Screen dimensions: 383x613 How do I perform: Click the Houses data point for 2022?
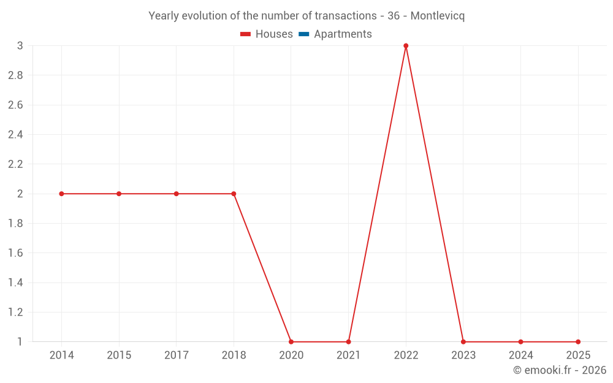coord(406,46)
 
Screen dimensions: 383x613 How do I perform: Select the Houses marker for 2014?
coord(61,194)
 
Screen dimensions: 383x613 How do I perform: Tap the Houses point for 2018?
coord(234,194)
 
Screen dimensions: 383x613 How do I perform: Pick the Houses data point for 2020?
coord(291,342)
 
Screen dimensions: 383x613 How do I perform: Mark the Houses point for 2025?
coord(578,342)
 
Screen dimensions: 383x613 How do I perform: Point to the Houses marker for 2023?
coord(463,342)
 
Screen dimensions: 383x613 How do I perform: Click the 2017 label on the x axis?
coord(177,355)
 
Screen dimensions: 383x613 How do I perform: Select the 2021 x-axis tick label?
coord(348,355)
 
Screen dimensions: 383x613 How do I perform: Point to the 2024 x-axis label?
coord(520,355)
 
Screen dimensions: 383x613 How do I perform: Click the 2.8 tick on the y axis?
coord(15,75)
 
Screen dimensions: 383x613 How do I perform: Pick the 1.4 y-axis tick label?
coord(15,283)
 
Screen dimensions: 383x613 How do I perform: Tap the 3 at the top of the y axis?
coord(20,46)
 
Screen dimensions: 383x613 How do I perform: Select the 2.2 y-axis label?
coord(15,164)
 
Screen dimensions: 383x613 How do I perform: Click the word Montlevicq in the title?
coord(437,16)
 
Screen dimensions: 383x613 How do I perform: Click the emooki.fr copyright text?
coord(560,370)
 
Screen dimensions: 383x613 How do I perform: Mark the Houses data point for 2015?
coord(119,194)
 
